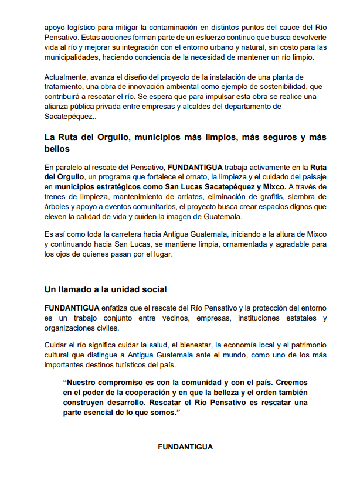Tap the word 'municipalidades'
(72, 56)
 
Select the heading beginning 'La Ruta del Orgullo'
(185, 137)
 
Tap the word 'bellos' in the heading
(56, 149)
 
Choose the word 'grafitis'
(270, 196)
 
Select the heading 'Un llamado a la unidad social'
(106, 289)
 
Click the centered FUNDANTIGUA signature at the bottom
(185, 447)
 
